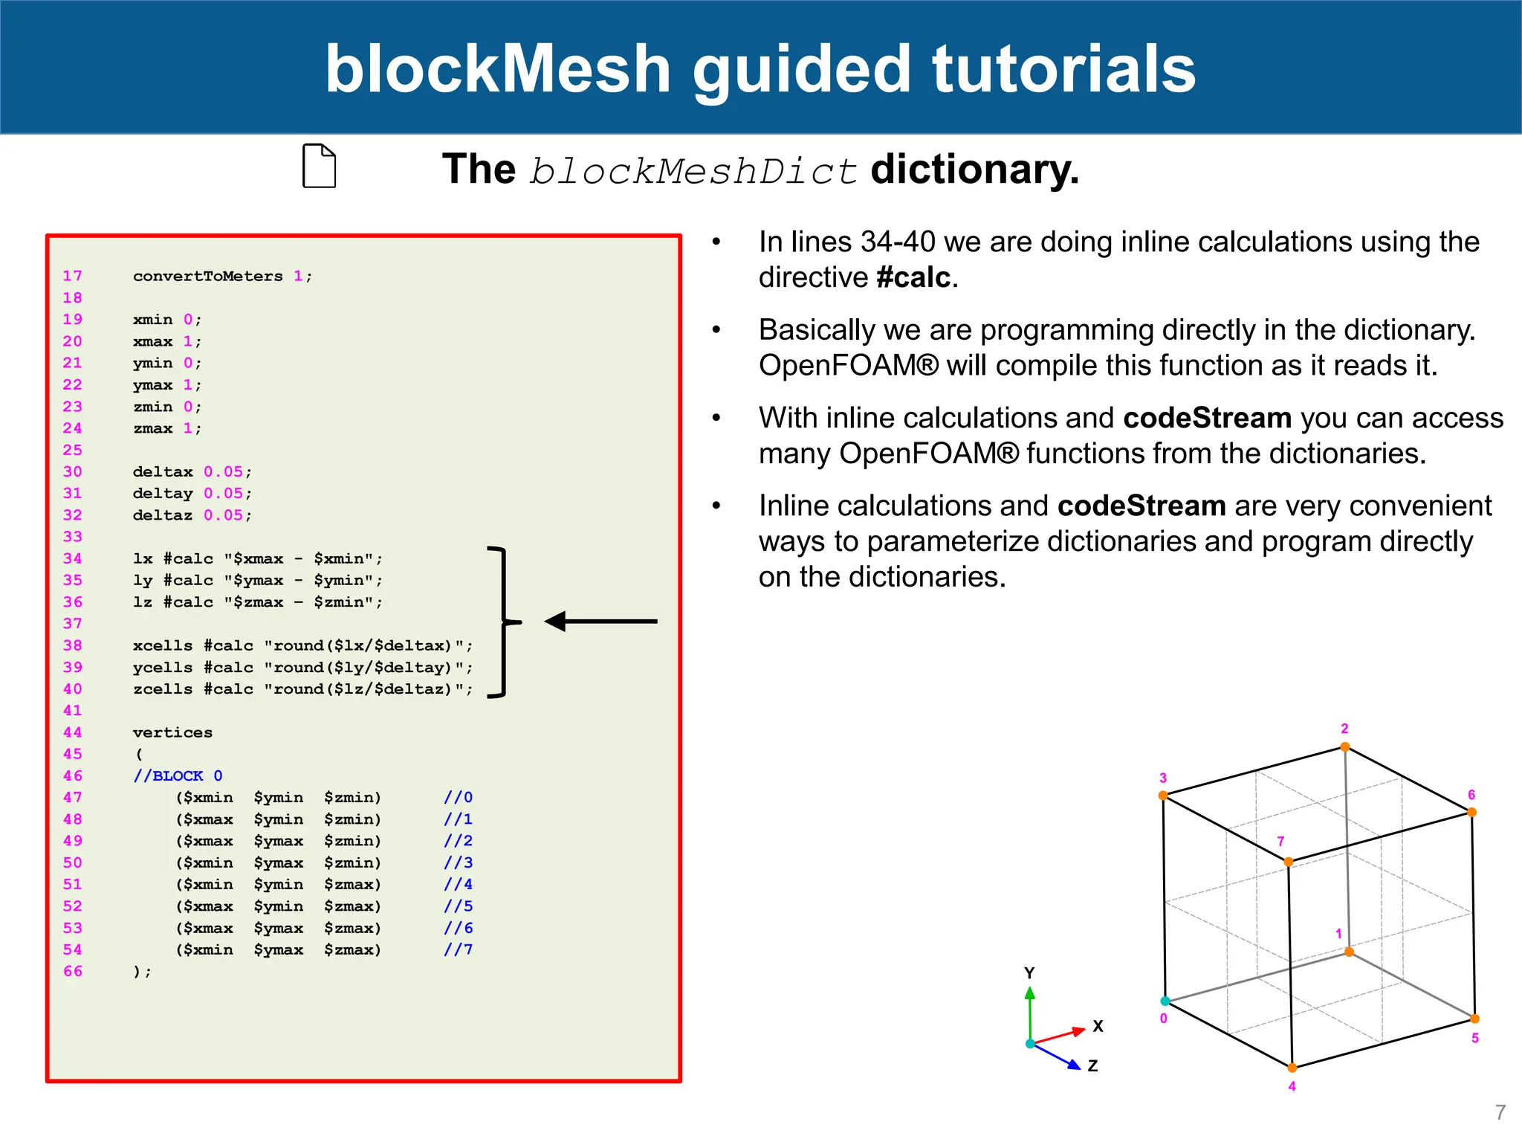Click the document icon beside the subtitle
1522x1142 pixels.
319,166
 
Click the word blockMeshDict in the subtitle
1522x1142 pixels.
693,171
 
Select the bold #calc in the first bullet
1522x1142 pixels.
913,277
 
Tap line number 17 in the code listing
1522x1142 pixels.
72,276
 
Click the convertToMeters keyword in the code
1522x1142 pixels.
207,276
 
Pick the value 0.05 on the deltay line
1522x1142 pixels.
223,493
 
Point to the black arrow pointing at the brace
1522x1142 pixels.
600,621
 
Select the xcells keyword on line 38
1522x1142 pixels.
163,645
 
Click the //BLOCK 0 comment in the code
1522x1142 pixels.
178,775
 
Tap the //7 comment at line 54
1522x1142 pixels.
458,949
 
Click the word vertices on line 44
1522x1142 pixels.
172,732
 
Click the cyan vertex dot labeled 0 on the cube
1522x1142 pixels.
1165,1001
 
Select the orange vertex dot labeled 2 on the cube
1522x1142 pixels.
1345,747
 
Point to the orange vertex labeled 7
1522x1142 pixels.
1288,862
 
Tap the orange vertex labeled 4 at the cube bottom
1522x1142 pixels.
1292,1068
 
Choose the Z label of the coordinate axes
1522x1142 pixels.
1092,1065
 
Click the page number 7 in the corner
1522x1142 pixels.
1500,1112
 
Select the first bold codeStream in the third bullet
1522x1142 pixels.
1207,418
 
